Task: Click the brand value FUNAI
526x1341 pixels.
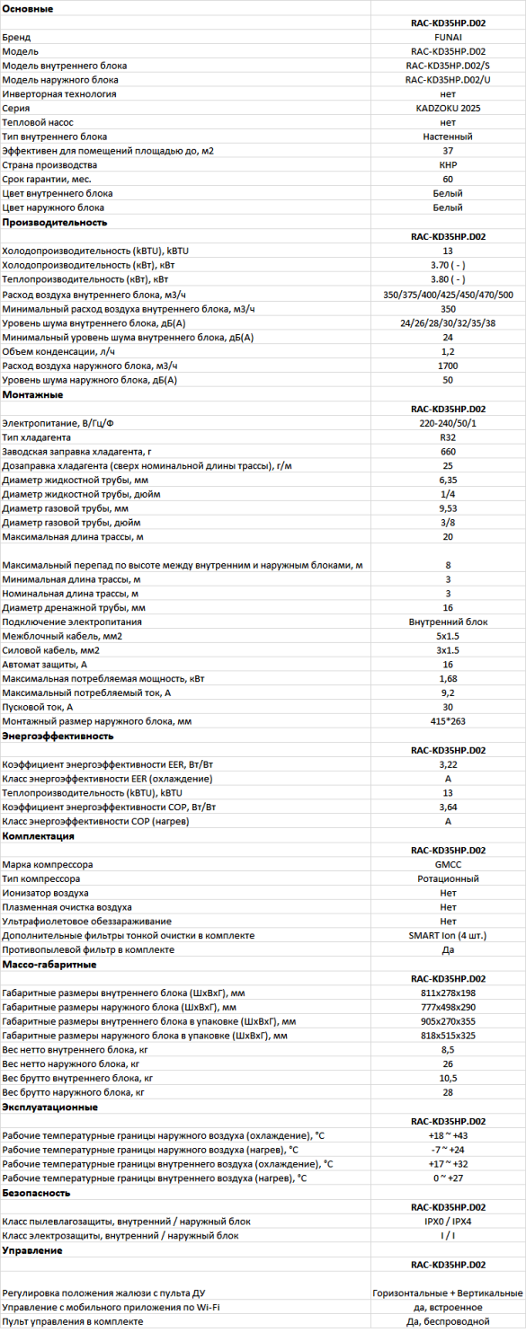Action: pos(448,37)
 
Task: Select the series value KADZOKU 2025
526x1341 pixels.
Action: pos(448,108)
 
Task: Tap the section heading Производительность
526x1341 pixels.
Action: pos(55,222)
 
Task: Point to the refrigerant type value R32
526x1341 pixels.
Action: pos(448,437)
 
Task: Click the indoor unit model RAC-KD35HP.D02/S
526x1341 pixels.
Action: pos(448,66)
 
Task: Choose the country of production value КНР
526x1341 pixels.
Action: pos(448,165)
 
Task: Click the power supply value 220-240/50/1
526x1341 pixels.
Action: pos(448,422)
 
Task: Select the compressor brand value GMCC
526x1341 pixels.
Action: pos(448,865)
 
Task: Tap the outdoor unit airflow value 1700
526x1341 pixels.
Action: pos(448,366)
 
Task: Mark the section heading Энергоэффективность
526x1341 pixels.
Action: pos(58,736)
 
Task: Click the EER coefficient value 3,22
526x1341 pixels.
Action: pos(448,764)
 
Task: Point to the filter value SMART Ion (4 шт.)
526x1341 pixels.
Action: pos(448,936)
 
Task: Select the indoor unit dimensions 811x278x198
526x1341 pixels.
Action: pos(448,993)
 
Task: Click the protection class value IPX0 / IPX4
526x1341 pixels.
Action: pos(448,1222)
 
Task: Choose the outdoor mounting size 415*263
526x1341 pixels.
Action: pos(448,721)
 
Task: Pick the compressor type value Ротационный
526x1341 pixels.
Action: pos(448,879)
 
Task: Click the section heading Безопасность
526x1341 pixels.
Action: pos(36,1193)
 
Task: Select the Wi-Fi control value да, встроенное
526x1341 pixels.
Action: pos(448,1307)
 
